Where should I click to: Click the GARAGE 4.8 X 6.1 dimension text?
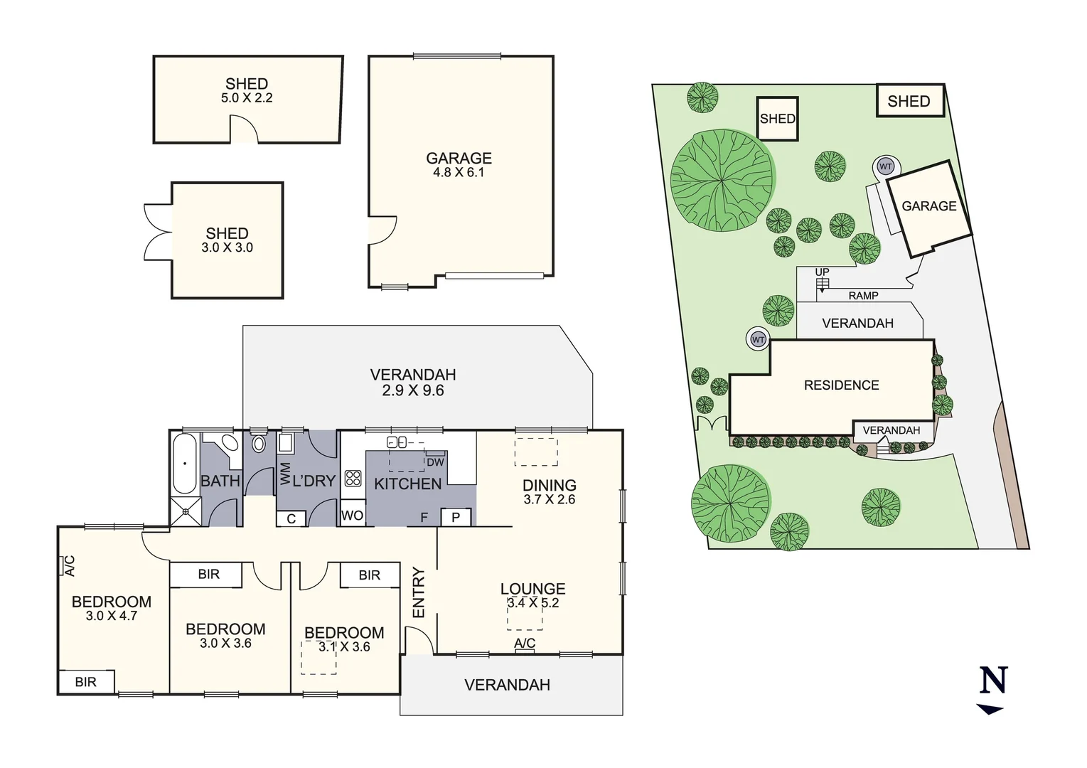click(459, 172)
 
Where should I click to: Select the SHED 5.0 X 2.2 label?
click(247, 90)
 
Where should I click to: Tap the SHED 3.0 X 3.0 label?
click(227, 240)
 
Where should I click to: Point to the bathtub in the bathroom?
click(185, 464)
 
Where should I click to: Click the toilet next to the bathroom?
click(259, 444)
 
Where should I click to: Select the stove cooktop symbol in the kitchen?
click(353, 478)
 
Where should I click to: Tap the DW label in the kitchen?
click(435, 462)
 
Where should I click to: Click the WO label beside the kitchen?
click(353, 516)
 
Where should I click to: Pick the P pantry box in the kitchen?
click(456, 517)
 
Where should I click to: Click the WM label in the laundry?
click(285, 473)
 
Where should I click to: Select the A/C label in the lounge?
click(525, 644)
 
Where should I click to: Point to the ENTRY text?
click(418, 592)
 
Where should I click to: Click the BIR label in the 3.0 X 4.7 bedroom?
click(85, 682)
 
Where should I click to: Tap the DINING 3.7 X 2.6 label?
click(550, 492)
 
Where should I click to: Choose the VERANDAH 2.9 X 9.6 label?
click(412, 382)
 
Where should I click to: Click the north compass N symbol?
click(992, 681)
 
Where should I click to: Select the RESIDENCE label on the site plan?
click(841, 385)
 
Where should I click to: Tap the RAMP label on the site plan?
click(863, 296)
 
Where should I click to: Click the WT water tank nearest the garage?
click(885, 167)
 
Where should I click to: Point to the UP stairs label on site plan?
click(822, 272)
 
